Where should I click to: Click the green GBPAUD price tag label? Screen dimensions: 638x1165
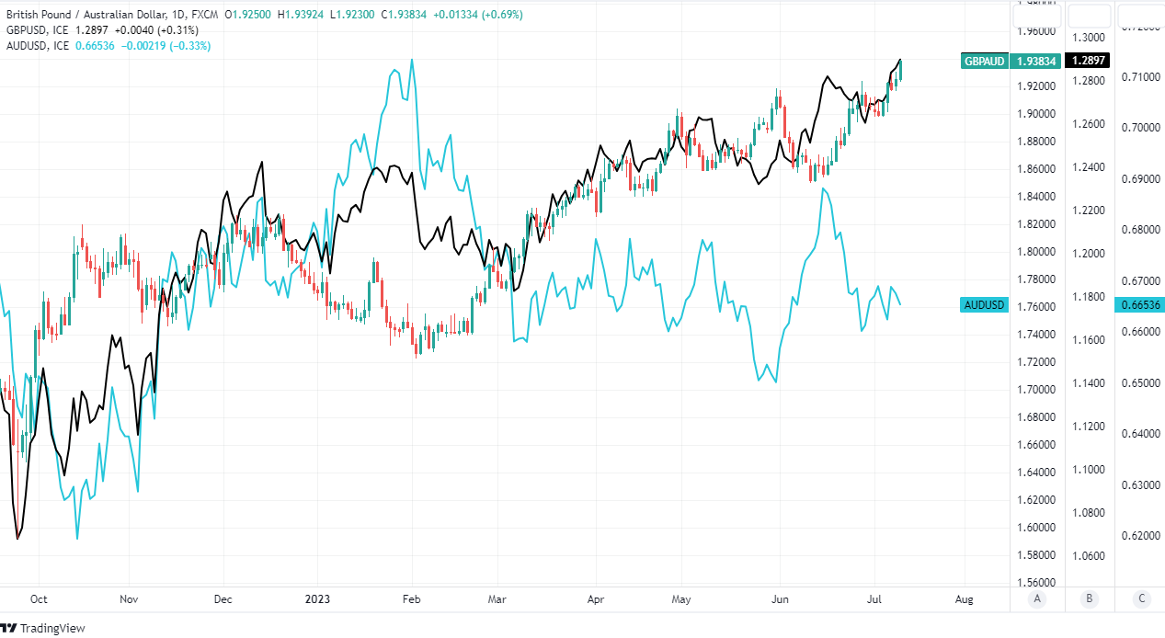click(x=984, y=61)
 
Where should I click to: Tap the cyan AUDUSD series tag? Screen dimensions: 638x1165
click(x=984, y=305)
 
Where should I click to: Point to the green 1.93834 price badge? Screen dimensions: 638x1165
click(x=1037, y=61)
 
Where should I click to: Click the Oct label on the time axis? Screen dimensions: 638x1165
click(x=40, y=598)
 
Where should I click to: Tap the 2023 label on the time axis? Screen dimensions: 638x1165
click(x=318, y=598)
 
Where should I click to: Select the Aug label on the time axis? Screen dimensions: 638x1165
click(x=964, y=598)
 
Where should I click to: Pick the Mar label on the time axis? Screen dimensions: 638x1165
click(x=497, y=598)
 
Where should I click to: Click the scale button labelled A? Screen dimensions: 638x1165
click(x=1037, y=598)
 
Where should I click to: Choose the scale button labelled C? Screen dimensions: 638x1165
click(x=1141, y=598)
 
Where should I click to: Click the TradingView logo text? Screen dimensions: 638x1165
click(x=52, y=628)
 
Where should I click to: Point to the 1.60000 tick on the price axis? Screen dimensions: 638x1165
click(x=1035, y=528)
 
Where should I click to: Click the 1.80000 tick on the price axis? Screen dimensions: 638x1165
click(x=1035, y=251)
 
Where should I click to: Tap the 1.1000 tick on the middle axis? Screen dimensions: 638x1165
click(x=1089, y=469)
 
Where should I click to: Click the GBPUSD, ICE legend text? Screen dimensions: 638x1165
click(x=38, y=30)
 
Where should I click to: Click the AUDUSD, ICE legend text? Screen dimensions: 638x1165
click(x=38, y=46)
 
